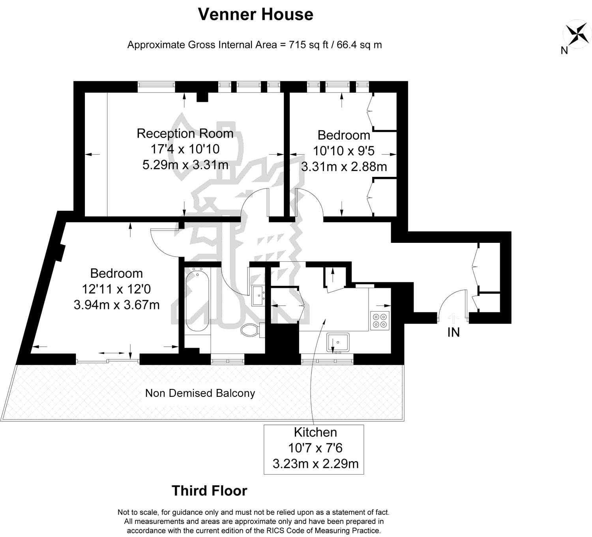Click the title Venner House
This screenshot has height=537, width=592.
tap(256, 14)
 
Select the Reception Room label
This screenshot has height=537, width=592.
tap(185, 133)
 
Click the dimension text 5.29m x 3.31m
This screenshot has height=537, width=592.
tap(185, 165)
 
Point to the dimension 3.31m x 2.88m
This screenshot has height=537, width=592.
tap(344, 167)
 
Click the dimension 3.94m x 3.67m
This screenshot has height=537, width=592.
tap(116, 304)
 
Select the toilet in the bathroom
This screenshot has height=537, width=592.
tap(253, 330)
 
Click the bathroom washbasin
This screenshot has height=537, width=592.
tap(258, 296)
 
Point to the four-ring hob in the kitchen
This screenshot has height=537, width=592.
tap(380, 321)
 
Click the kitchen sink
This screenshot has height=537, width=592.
tap(338, 342)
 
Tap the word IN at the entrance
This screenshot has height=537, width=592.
tap(453, 332)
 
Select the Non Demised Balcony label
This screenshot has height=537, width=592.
tap(200, 393)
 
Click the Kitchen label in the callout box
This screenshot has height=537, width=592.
tap(315, 432)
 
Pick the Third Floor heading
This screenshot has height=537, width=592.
tap(209, 491)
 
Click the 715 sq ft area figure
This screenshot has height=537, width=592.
tap(308, 45)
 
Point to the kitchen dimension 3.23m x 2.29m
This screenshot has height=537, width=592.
tap(315, 464)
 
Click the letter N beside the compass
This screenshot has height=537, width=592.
tap(564, 51)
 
